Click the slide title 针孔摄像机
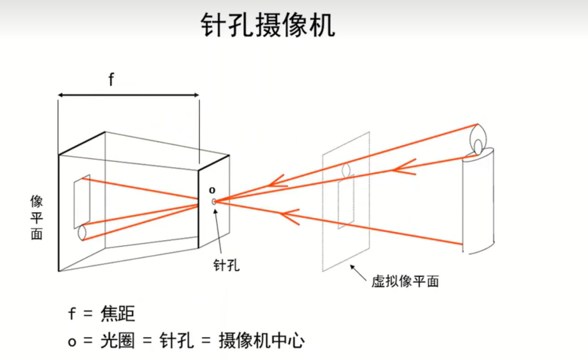pyautogui.click(x=268, y=25)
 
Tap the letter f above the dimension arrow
pyautogui.click(x=111, y=79)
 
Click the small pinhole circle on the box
pyautogui.click(x=214, y=201)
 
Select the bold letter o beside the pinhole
pyautogui.click(x=212, y=190)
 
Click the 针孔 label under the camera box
pyautogui.click(x=226, y=265)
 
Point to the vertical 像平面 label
pyautogui.click(x=36, y=217)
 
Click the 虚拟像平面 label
pyautogui.click(x=405, y=281)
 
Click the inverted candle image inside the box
pyautogui.click(x=82, y=204)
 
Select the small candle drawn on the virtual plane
pyautogui.click(x=346, y=196)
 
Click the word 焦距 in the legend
pyautogui.click(x=118, y=313)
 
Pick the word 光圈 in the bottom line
pyautogui.click(x=118, y=341)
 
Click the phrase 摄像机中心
pyautogui.click(x=262, y=341)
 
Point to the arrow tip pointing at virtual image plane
pyautogui.click(x=351, y=266)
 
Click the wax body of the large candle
pyautogui.click(x=478, y=200)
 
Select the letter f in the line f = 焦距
pyautogui.click(x=71, y=313)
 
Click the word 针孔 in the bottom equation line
pyautogui.click(x=176, y=341)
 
